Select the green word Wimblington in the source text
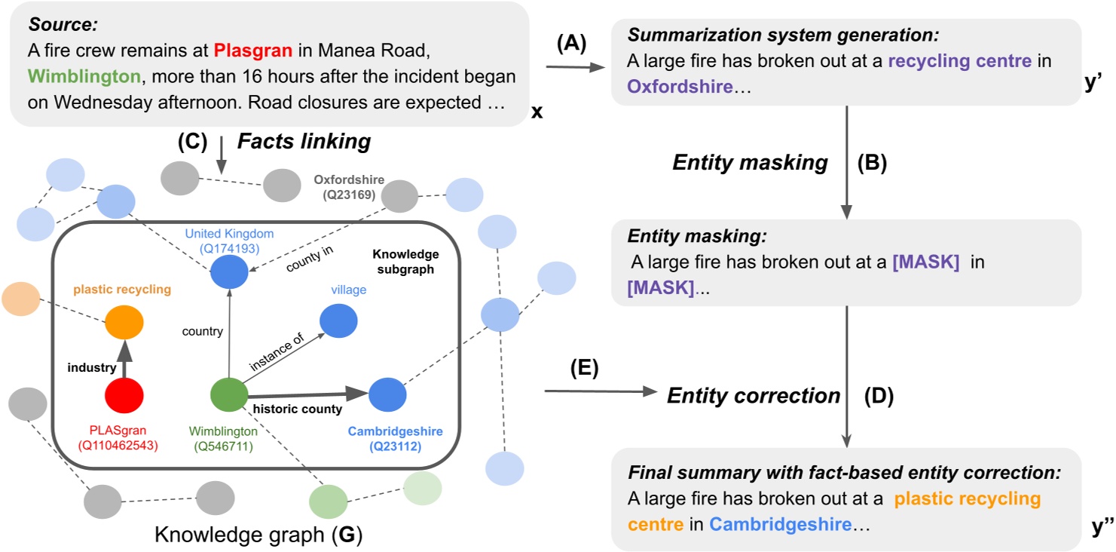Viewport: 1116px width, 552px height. [84, 77]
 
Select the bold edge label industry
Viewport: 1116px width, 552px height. [91, 368]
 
